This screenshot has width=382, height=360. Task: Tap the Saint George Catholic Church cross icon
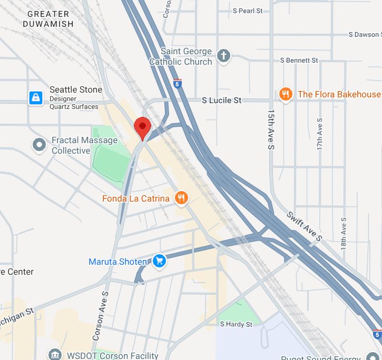pos(224,56)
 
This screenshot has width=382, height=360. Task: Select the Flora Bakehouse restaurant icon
pos(286,94)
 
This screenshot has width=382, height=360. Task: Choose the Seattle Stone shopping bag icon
pos(35,98)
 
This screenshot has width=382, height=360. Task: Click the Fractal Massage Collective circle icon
pos(39,145)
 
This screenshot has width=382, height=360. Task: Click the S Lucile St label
pos(222,100)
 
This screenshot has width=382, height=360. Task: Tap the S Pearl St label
pos(248,11)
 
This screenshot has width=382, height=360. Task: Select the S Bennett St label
pos(299,61)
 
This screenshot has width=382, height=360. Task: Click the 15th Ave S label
pos(271,129)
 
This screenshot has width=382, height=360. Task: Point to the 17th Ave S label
pos(319,134)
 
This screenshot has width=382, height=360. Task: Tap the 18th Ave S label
pos(344,231)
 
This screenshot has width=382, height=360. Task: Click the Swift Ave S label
pos(304,226)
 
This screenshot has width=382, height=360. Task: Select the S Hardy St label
pos(236,324)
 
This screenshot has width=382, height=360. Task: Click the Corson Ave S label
pos(100,316)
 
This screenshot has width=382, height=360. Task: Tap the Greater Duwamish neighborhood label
pos(48,18)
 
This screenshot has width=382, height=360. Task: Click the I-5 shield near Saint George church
pos(178,83)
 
